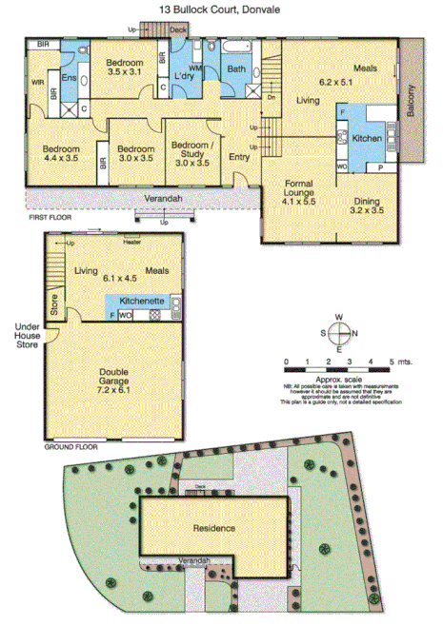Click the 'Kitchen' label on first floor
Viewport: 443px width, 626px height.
(368, 139)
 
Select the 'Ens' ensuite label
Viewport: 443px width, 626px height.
(69, 77)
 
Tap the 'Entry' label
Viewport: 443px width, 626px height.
(238, 157)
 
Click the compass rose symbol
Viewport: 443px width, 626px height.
(341, 333)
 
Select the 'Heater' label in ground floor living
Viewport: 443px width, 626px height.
(131, 240)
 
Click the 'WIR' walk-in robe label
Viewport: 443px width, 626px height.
(37, 84)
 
